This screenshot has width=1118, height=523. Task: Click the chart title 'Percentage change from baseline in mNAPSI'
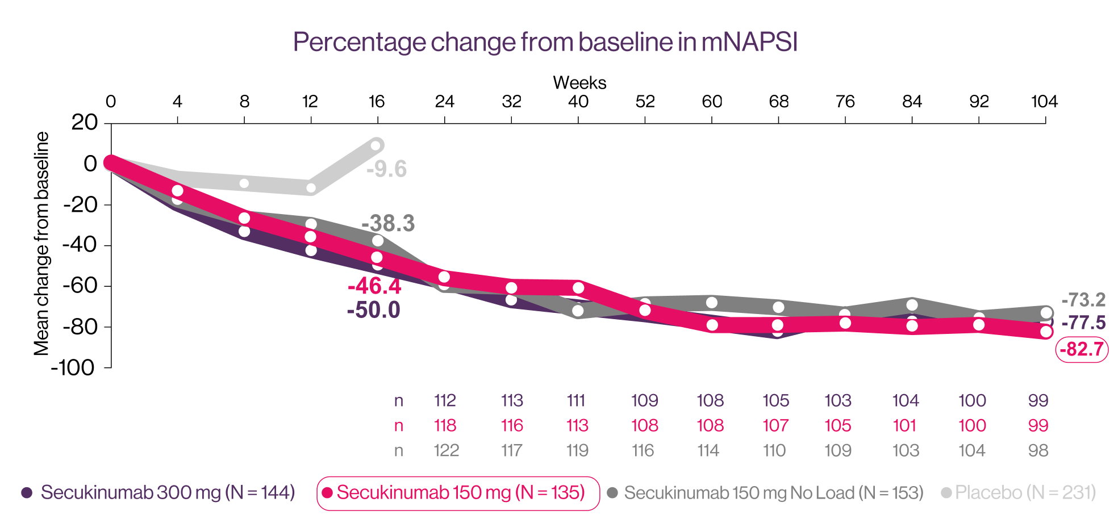click(545, 43)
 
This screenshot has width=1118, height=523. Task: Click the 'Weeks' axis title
click(579, 83)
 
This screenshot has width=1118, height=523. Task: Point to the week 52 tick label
click(645, 102)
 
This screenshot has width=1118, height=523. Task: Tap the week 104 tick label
click(1044, 102)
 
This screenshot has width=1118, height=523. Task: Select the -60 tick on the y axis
click(80, 286)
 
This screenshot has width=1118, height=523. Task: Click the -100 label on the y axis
click(73, 368)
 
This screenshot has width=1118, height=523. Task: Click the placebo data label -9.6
click(386, 169)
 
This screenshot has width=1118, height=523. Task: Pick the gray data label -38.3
click(388, 224)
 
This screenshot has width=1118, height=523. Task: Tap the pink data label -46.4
click(374, 286)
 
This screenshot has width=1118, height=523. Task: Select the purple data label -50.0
click(373, 310)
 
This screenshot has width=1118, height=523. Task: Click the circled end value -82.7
click(1082, 349)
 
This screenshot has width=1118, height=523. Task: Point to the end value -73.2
click(1083, 300)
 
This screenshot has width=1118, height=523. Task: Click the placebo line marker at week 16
click(376, 145)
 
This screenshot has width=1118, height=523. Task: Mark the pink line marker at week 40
click(578, 288)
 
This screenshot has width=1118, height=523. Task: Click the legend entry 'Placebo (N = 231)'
click(1025, 492)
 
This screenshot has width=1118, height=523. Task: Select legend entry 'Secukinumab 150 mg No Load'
click(773, 492)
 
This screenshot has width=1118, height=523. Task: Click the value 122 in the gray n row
click(446, 451)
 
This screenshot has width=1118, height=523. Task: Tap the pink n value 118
click(445, 425)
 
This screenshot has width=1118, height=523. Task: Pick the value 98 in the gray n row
click(1038, 451)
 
